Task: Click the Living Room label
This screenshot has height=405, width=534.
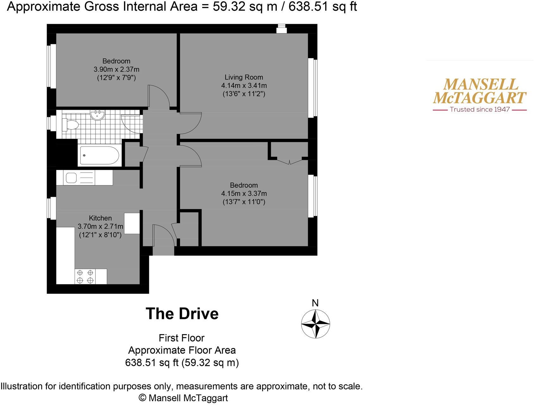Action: (244, 77)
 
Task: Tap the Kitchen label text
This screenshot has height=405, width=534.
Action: (100, 218)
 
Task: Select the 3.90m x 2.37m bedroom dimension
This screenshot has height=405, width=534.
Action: (116, 69)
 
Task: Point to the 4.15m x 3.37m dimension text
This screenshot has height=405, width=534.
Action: (244, 193)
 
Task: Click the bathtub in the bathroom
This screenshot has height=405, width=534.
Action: (99, 155)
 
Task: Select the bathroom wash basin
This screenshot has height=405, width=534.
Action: (97, 115)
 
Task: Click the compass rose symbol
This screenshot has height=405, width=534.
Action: (315, 324)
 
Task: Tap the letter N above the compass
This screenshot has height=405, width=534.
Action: (315, 303)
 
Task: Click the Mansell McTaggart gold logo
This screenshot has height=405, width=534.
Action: (479, 91)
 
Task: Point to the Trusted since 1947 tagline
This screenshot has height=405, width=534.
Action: (480, 109)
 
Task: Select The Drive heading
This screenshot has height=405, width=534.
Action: (182, 314)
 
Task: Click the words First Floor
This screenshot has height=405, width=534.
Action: (182, 338)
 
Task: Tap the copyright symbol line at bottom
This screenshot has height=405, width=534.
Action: (183, 398)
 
